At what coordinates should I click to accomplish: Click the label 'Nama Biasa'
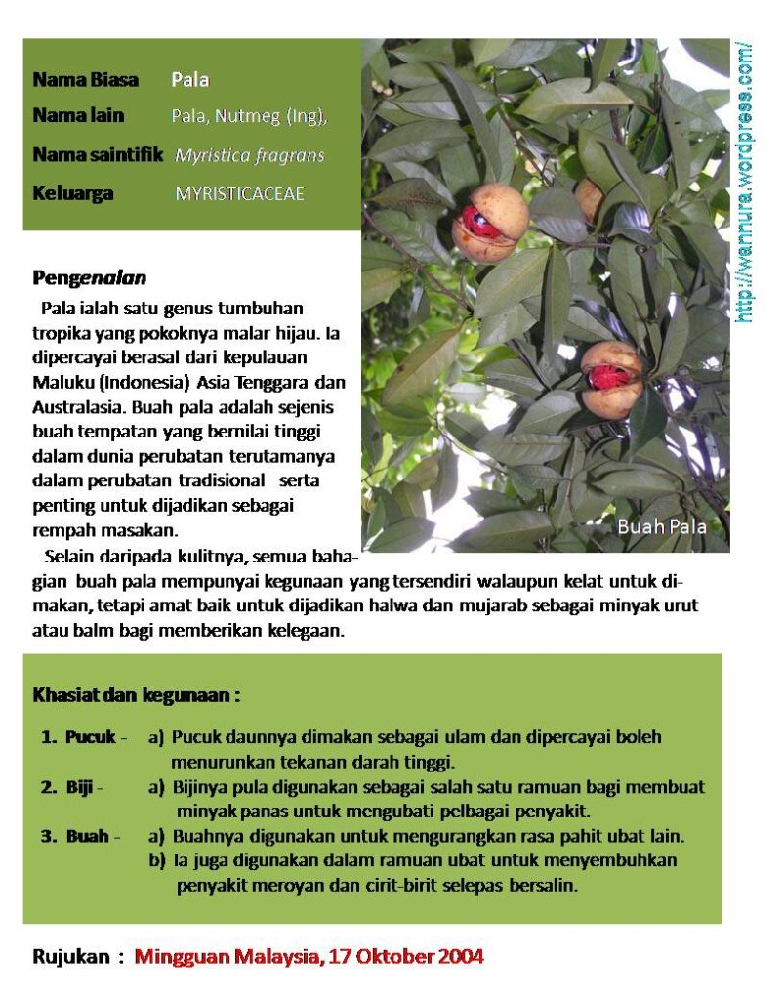[85, 80]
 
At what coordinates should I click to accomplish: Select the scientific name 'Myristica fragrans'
[250, 155]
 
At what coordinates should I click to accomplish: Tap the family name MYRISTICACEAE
[239, 193]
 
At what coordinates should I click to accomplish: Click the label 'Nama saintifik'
[98, 155]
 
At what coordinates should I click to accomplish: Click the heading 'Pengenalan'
[89, 278]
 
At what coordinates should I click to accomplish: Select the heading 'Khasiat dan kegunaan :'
[137, 696]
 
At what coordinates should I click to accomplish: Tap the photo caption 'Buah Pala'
[661, 526]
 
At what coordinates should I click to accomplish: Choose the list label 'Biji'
[80, 787]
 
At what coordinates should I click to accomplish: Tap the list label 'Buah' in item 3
[87, 837]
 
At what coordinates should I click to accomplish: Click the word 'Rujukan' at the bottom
[71, 956]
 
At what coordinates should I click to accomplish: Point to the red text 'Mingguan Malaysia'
[226, 956]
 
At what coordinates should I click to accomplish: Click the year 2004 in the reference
[460, 956]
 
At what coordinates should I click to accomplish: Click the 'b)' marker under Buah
[156, 861]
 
